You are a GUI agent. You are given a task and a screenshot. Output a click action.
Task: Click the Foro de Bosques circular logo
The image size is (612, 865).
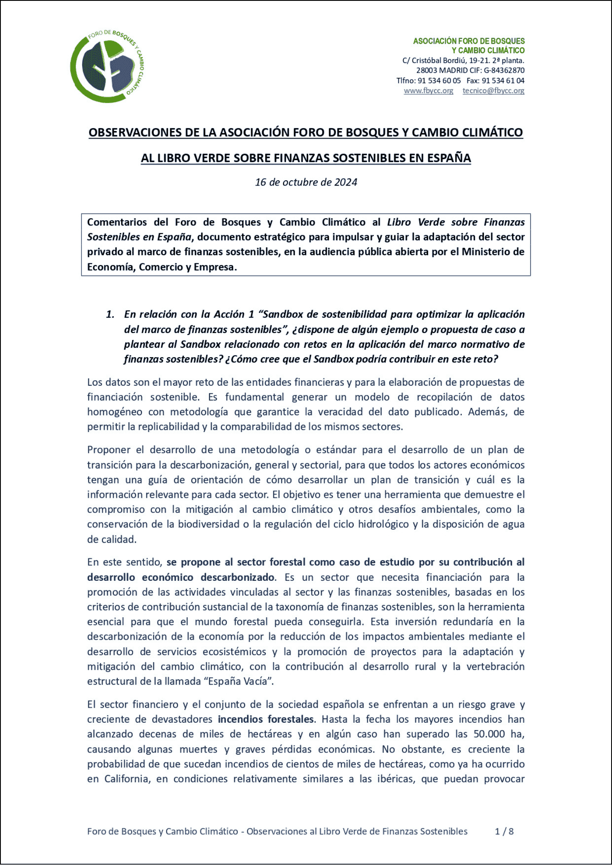click(x=107, y=67)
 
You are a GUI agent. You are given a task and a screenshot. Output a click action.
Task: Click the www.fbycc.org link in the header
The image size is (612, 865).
click(x=428, y=91)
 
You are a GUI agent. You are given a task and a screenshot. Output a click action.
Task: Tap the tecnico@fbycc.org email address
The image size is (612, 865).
click(x=493, y=91)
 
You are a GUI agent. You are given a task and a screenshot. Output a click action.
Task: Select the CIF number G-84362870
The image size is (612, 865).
click(x=504, y=70)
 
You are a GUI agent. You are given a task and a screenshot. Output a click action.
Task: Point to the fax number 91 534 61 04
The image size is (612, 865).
click(x=503, y=81)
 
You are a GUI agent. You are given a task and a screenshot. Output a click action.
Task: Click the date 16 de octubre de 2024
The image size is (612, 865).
click(x=306, y=183)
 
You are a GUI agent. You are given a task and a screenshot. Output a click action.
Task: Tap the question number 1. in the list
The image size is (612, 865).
click(x=110, y=314)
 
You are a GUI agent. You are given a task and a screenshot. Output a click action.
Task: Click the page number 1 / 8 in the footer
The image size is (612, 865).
click(x=504, y=831)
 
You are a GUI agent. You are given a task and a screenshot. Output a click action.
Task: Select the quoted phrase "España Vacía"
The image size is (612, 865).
click(x=238, y=682)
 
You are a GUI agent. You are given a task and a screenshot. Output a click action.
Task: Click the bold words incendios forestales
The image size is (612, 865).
click(x=266, y=719)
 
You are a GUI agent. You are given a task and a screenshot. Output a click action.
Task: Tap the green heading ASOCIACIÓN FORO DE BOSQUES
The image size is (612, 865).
click(x=468, y=41)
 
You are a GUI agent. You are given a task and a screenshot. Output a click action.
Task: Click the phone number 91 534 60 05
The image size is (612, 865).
click(x=439, y=81)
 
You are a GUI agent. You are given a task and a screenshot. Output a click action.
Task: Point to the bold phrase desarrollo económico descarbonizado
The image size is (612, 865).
click(x=181, y=577)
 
